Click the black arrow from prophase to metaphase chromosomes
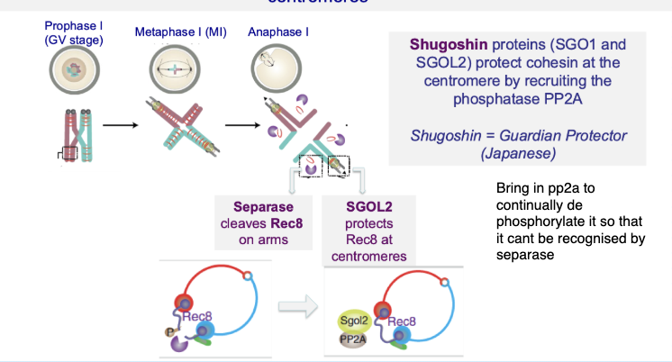[x=117, y=125]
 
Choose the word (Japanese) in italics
[x=518, y=153]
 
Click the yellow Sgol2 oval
[x=354, y=321]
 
